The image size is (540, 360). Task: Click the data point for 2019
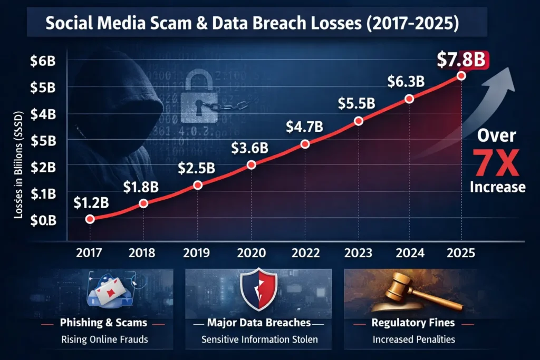click(x=198, y=185)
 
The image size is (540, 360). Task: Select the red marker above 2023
click(x=359, y=121)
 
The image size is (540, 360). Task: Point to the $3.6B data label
click(x=249, y=148)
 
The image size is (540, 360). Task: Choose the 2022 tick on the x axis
click(x=305, y=252)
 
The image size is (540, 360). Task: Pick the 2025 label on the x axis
click(x=461, y=252)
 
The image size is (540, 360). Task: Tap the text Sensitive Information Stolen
click(x=259, y=339)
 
